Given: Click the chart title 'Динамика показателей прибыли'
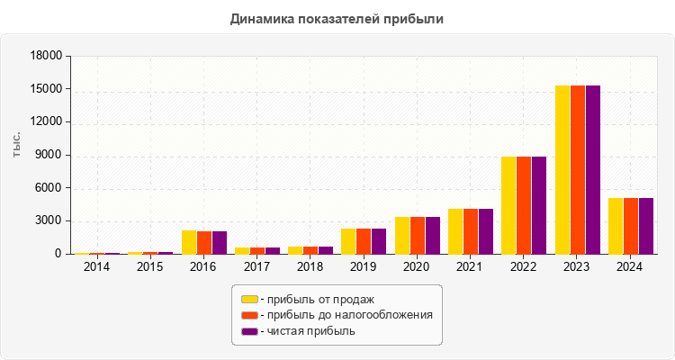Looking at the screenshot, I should click(x=337, y=18).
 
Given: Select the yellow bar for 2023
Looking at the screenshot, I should click(x=562, y=169).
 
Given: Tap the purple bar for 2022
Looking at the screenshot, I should click(x=539, y=205).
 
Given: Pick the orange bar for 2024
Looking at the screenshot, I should click(x=631, y=226).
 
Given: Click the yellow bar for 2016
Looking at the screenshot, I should click(x=188, y=242).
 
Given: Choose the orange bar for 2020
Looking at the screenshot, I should click(x=418, y=235).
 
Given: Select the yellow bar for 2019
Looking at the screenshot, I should click(x=348, y=241).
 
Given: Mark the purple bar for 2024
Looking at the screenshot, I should click(x=646, y=226).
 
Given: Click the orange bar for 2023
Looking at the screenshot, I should click(x=578, y=169).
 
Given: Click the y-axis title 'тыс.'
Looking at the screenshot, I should click(x=17, y=144).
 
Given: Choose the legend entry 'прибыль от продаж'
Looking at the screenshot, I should click(x=315, y=299).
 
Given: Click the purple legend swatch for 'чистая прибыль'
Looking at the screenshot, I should click(x=248, y=331).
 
